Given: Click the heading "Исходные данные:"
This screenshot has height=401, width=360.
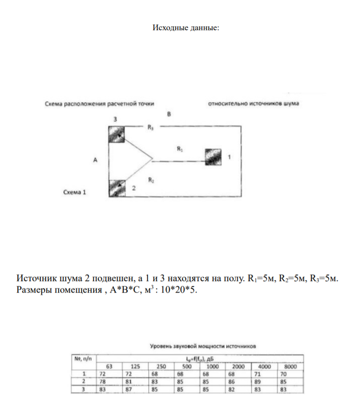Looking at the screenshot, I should click(186, 27).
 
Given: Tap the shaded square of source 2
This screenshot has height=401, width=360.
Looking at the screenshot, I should click(117, 189).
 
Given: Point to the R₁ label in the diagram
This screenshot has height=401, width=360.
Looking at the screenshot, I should click(180, 149).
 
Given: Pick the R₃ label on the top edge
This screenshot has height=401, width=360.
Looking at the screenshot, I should click(150, 128).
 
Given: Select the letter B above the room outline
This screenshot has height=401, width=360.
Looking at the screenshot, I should click(168, 114).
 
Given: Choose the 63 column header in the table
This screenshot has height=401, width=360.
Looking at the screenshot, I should click(109, 367).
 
